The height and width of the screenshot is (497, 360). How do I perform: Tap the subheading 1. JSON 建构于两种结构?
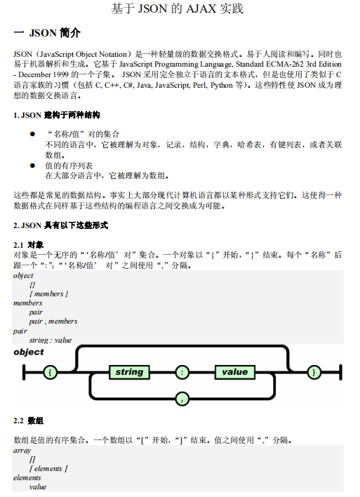[x=57, y=114]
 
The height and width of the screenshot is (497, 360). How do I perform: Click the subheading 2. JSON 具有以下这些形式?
[x=61, y=225]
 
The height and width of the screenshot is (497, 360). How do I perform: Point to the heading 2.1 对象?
[x=29, y=245]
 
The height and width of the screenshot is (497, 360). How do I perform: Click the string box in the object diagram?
[x=129, y=372]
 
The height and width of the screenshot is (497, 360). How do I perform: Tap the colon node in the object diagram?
[x=182, y=372]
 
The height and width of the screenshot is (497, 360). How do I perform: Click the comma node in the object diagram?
[x=182, y=399]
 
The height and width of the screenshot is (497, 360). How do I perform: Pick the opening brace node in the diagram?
[x=51, y=372]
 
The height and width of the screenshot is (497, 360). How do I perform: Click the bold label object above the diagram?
[x=29, y=352]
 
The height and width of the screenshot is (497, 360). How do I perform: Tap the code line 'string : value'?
[x=51, y=340]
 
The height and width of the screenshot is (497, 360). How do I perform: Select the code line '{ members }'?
[x=48, y=294]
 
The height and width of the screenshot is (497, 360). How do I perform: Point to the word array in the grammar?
[x=22, y=450]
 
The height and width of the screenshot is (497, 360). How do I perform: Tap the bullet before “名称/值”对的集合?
[x=32, y=133]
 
